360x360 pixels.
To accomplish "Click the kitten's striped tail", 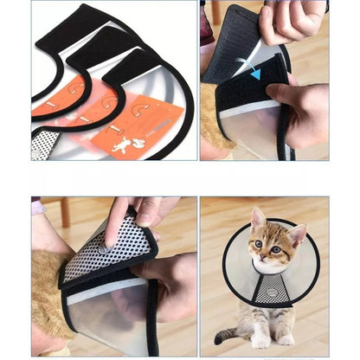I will coord(223,333).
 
